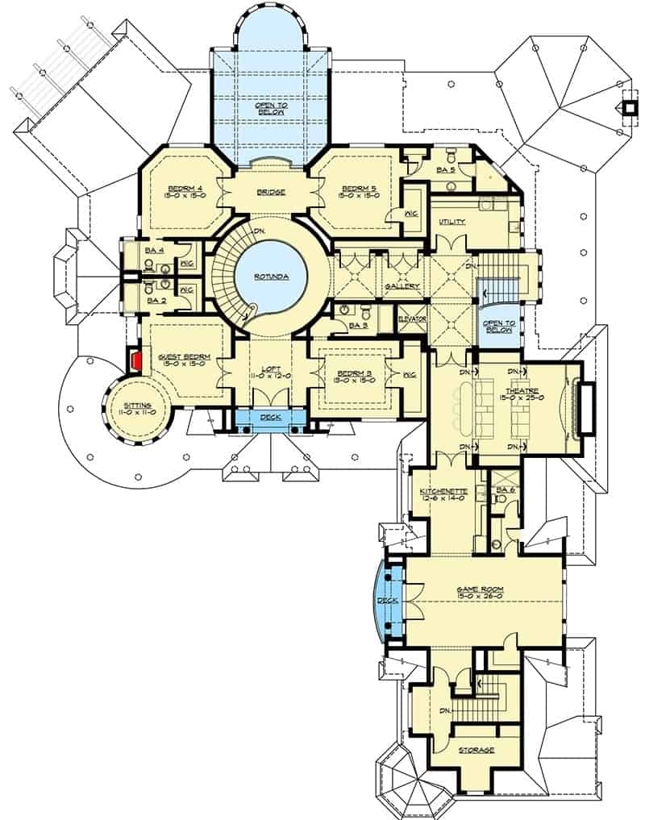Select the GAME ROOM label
481,590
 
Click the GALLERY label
401,286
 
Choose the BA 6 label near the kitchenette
505,489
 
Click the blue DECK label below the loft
270,418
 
